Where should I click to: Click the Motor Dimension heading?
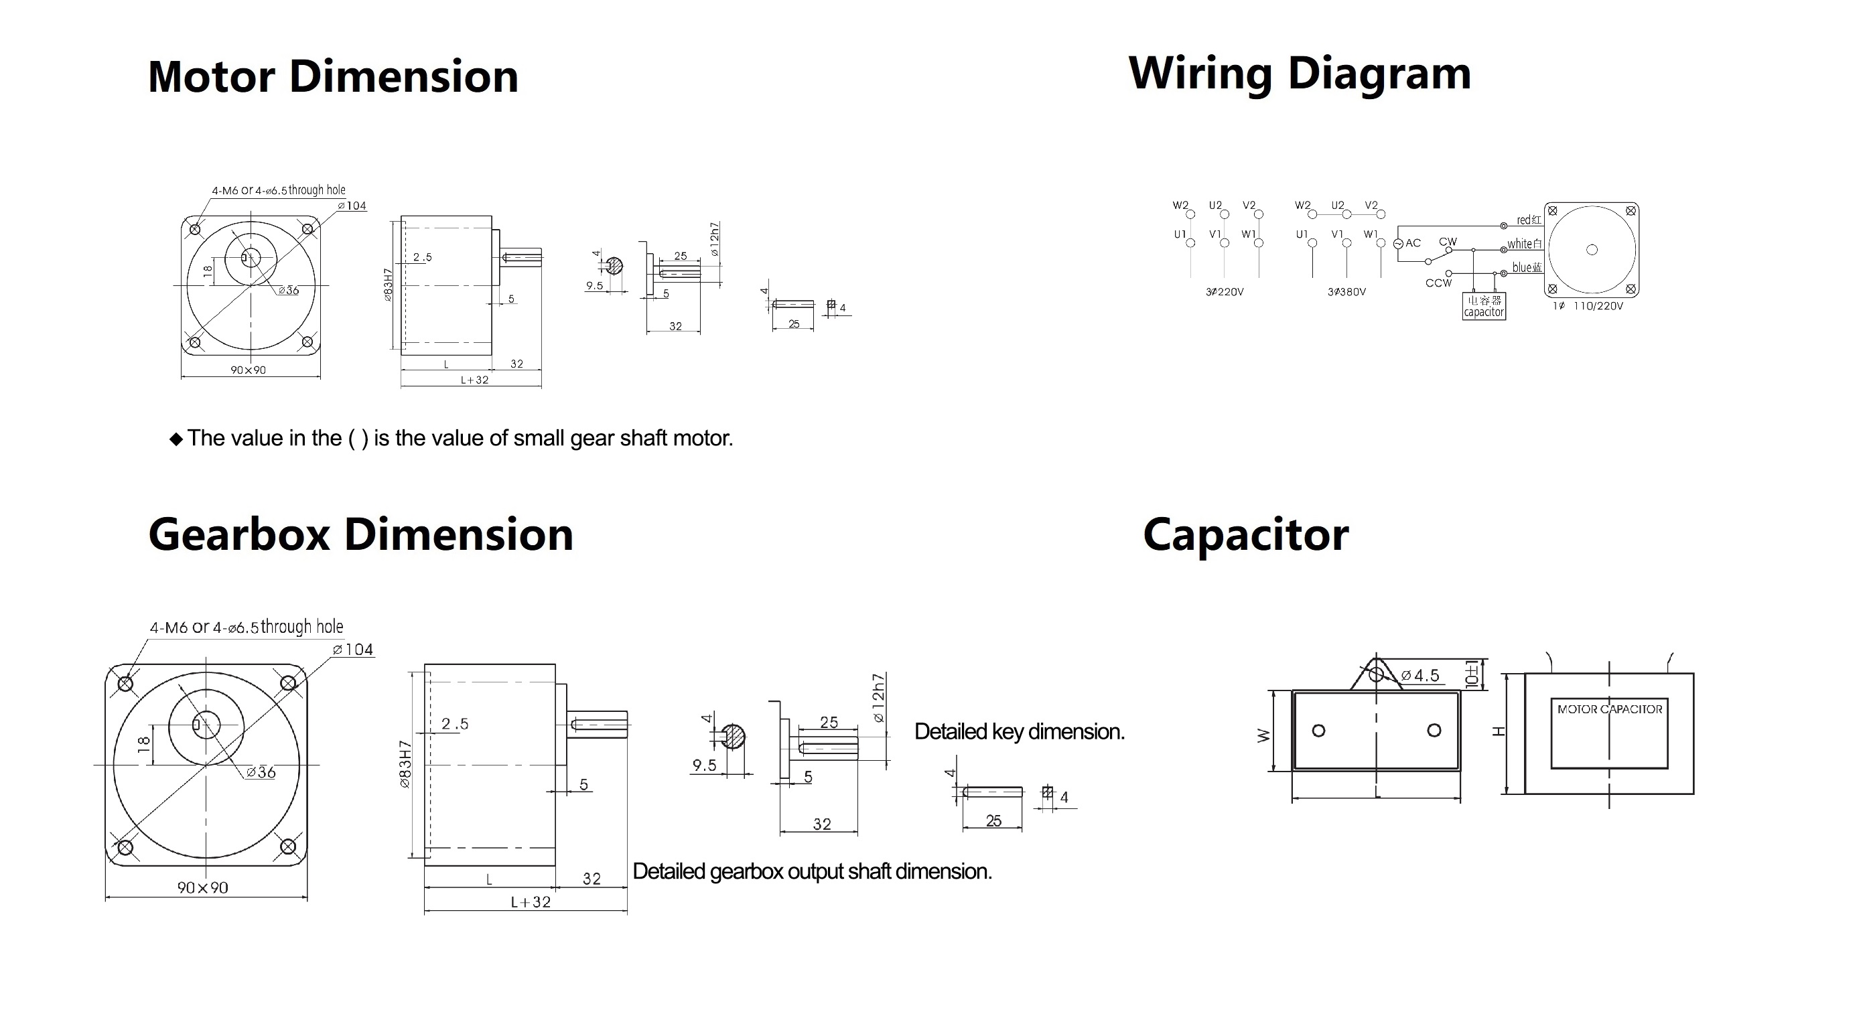click(x=333, y=77)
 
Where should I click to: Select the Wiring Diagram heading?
click(x=1300, y=74)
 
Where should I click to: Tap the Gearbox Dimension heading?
click(x=360, y=534)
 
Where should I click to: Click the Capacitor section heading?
click(x=1245, y=534)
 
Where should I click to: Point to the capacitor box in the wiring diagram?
click(x=1483, y=306)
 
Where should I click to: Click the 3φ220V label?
click(x=1225, y=292)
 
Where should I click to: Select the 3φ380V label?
click(x=1346, y=292)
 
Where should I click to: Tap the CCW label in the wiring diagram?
click(x=1438, y=283)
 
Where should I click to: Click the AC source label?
click(x=1413, y=243)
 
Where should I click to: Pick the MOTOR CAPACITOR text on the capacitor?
click(x=1610, y=709)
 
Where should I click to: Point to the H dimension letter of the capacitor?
click(x=1497, y=731)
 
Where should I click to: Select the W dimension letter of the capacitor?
click(x=1264, y=735)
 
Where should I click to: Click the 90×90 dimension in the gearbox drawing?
click(x=203, y=887)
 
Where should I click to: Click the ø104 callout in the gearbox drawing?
click(x=353, y=649)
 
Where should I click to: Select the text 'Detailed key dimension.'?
click(x=1019, y=731)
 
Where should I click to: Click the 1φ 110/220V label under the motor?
click(x=1588, y=307)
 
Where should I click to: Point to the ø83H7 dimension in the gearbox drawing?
click(x=405, y=764)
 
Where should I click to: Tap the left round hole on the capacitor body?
click(x=1319, y=731)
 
